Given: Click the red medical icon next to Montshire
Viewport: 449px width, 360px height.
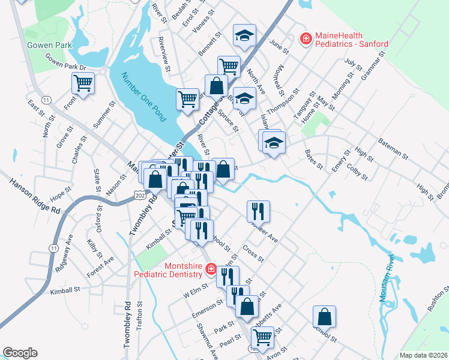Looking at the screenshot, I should click(211, 269).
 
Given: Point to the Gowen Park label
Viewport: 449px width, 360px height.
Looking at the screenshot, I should click(49, 45).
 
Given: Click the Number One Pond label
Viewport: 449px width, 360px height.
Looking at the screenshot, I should click(142, 97).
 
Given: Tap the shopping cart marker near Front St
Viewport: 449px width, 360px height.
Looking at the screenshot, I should click(83, 83).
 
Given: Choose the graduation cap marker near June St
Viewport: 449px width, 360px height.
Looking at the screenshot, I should click(244, 35).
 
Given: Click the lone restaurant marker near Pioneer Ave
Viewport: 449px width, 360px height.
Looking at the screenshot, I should click(258, 211).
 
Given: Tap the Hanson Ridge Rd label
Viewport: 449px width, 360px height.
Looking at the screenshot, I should click(35, 194).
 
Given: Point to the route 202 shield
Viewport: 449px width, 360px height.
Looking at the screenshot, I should click(140, 196).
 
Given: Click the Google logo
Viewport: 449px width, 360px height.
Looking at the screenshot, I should click(20, 353).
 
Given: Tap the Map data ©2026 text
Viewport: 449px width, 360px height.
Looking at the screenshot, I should click(423, 355).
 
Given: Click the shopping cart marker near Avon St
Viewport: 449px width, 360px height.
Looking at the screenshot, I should click(262, 337).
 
